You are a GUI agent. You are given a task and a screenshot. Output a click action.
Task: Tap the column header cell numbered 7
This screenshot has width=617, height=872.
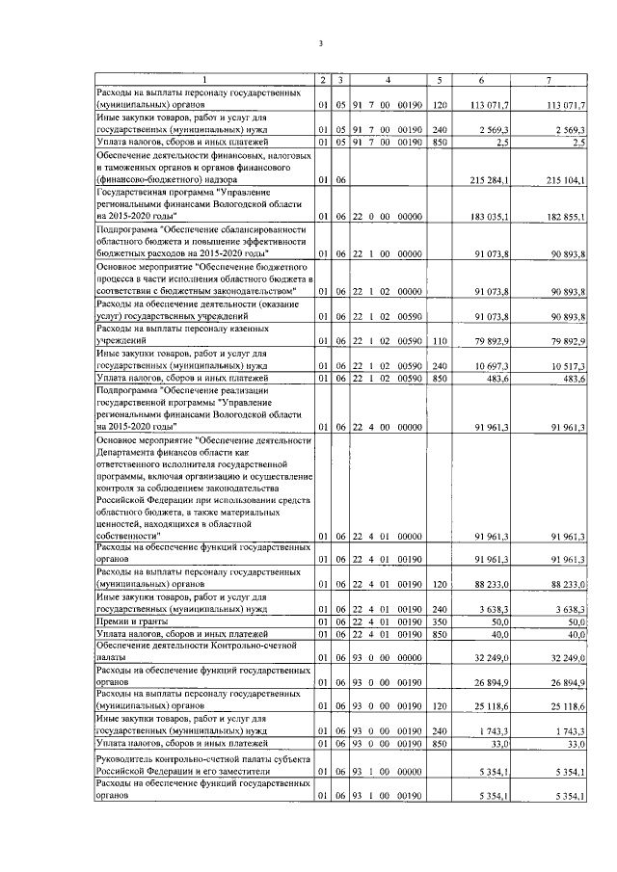[x=548, y=79]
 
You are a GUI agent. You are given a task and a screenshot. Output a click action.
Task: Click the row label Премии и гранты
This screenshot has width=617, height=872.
[x=130, y=624]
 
